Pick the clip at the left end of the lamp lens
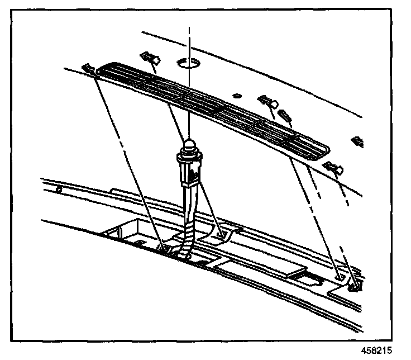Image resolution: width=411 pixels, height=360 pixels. [x=88, y=69]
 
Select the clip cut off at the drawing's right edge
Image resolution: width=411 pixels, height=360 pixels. [x=358, y=141]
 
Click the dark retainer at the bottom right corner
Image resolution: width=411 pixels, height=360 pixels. [x=355, y=286]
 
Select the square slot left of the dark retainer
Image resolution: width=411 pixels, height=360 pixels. [x=339, y=277]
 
